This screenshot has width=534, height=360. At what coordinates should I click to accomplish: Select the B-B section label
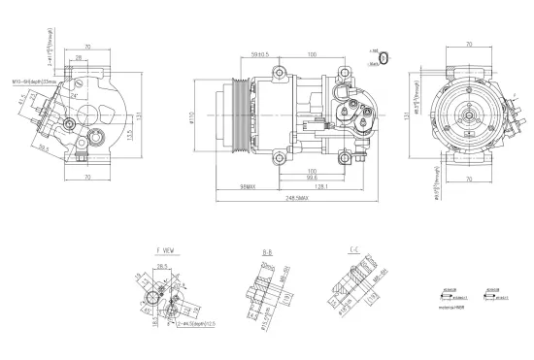tap(268, 251)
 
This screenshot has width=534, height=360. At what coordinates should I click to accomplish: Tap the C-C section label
tap(355, 250)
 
